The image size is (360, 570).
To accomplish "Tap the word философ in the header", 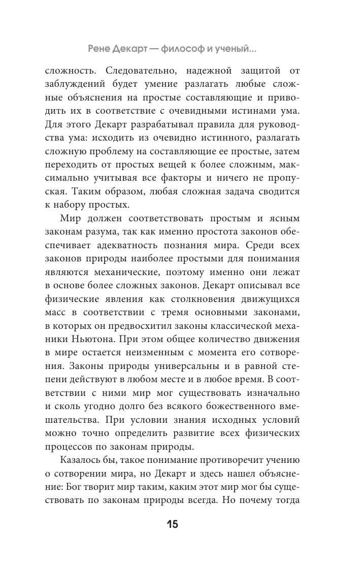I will point(182,49).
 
